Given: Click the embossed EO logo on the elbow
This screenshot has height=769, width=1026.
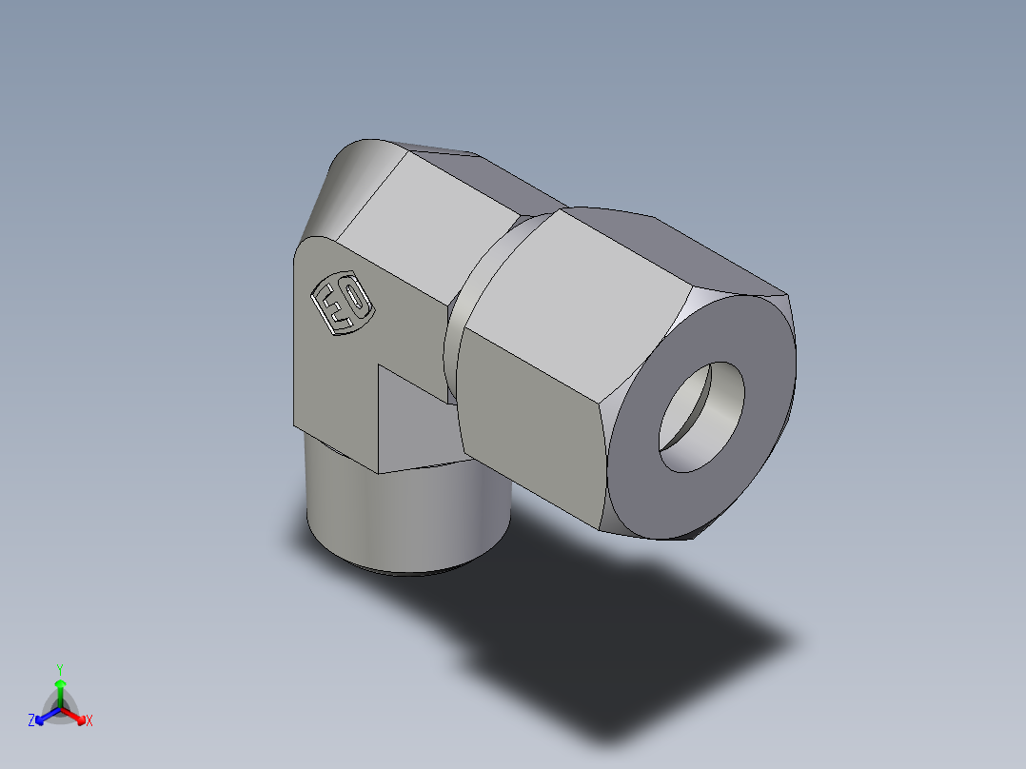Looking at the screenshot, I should coord(342,305).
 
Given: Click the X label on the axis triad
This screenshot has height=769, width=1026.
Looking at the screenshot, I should coord(89,721).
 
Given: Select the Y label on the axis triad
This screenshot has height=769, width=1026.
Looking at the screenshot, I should coord(59,669).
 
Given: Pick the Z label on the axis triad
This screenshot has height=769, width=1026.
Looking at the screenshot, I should coord(31,721).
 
